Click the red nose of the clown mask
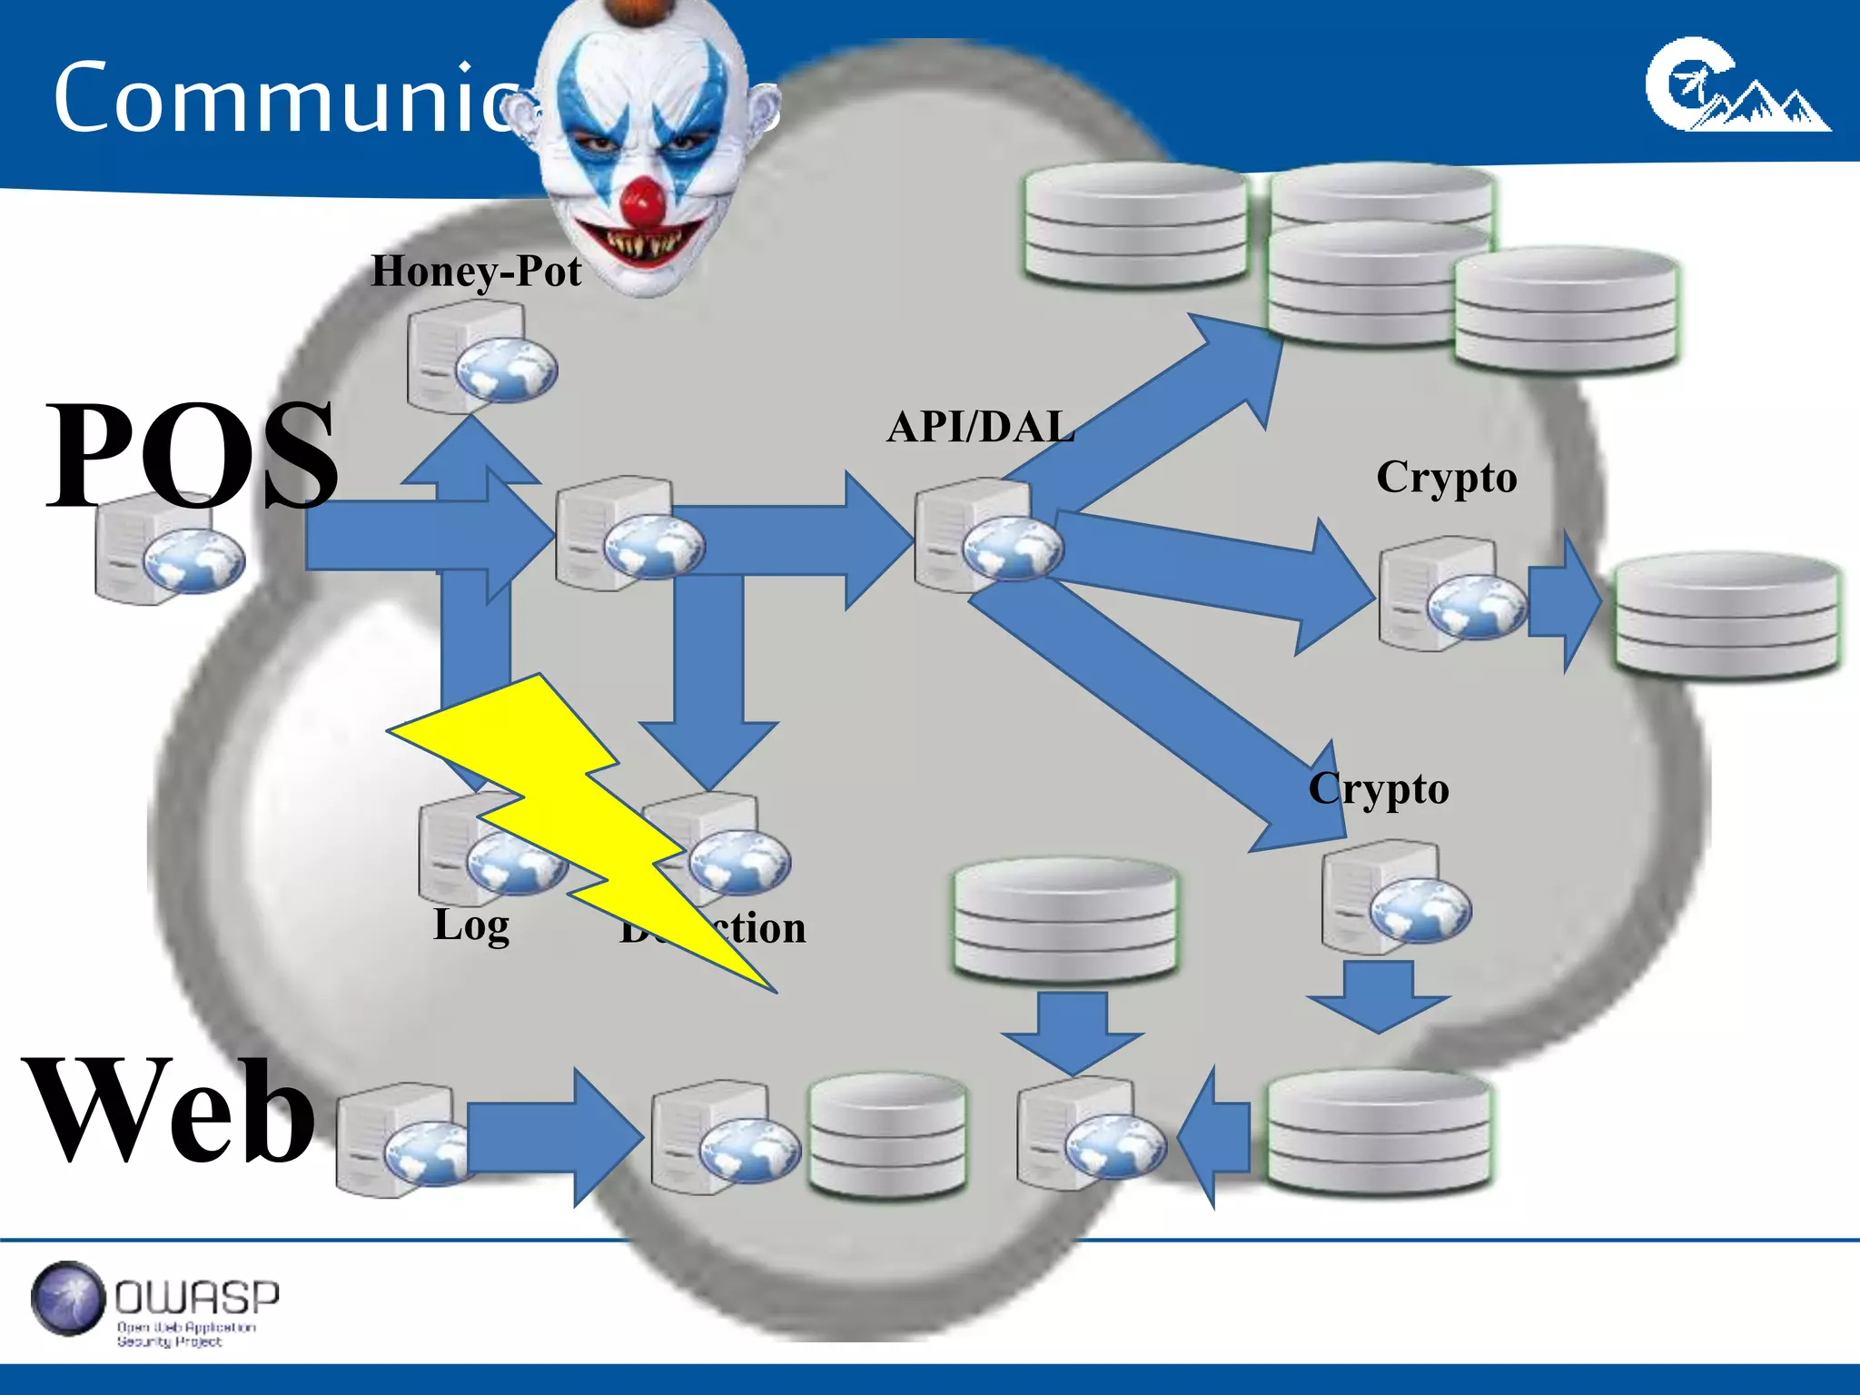[644, 202]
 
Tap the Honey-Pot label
[476, 271]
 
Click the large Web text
[171, 1110]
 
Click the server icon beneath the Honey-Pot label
[477, 357]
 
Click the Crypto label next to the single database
[1446, 478]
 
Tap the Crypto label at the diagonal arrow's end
[1378, 789]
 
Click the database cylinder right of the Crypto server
[1726, 615]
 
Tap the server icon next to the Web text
[400, 1140]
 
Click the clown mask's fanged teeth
[643, 243]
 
